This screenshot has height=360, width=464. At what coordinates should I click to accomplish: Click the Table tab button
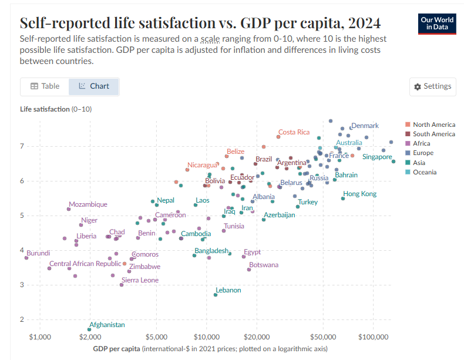[45, 86]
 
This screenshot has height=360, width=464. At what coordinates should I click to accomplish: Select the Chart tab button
[93, 86]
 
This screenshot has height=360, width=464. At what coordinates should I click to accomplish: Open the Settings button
[433, 86]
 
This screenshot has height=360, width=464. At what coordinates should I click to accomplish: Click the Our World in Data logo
[438, 23]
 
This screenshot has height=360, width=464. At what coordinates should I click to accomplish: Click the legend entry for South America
[434, 134]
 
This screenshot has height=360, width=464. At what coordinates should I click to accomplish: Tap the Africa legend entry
[421, 143]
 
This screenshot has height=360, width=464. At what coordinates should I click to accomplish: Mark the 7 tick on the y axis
[22, 146]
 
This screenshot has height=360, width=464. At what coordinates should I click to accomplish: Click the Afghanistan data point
[89, 330]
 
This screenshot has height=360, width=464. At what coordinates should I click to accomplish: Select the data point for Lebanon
[216, 295]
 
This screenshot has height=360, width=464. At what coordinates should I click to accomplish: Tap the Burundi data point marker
[26, 257]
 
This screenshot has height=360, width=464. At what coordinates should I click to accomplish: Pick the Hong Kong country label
[360, 194]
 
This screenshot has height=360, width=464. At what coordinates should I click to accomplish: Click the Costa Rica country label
[294, 132]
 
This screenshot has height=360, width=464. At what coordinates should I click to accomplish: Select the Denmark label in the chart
[365, 125]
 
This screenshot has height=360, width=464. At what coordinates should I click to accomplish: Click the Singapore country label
[377, 157]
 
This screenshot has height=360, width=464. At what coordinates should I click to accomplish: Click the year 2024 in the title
[364, 23]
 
